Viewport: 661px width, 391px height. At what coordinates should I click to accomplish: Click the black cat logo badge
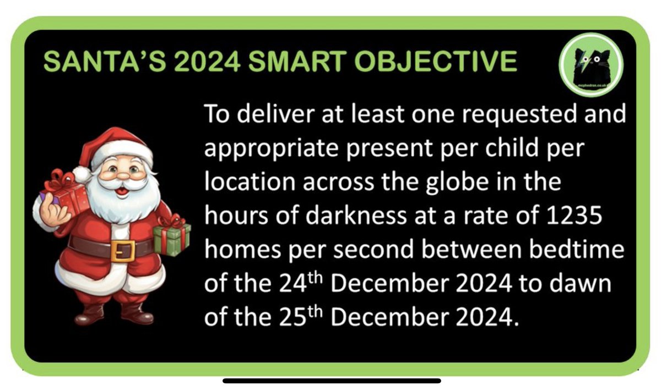590,68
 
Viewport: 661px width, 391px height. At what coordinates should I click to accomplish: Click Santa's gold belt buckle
122,250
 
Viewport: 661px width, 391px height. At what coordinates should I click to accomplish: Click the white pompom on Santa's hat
82,174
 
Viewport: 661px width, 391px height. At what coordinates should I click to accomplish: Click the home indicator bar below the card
331,381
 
